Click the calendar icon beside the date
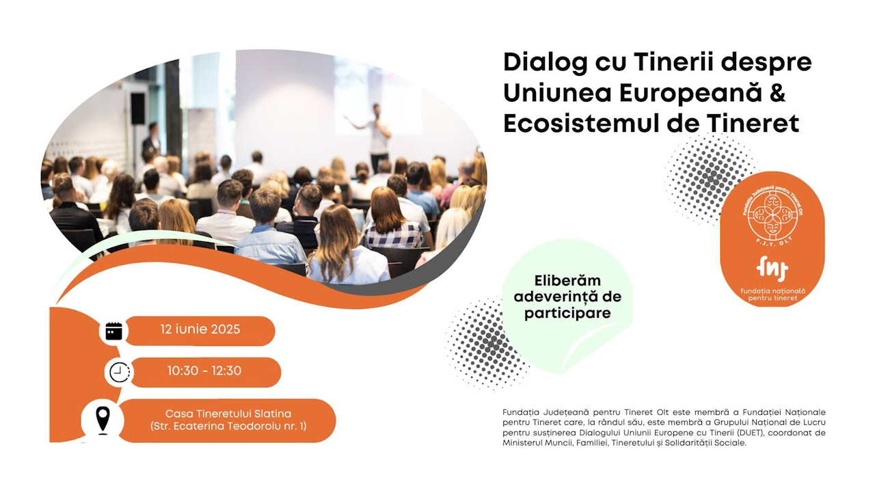click(113, 331)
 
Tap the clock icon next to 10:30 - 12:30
click(120, 372)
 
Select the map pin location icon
click(103, 420)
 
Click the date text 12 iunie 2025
click(200, 329)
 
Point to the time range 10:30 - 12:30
click(204, 370)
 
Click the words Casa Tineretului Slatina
click(228, 413)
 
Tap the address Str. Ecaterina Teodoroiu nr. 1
click(228, 426)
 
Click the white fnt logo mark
click(772, 269)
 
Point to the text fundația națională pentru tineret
click(772, 295)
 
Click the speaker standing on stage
click(374, 137)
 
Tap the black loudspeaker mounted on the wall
click(137, 109)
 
